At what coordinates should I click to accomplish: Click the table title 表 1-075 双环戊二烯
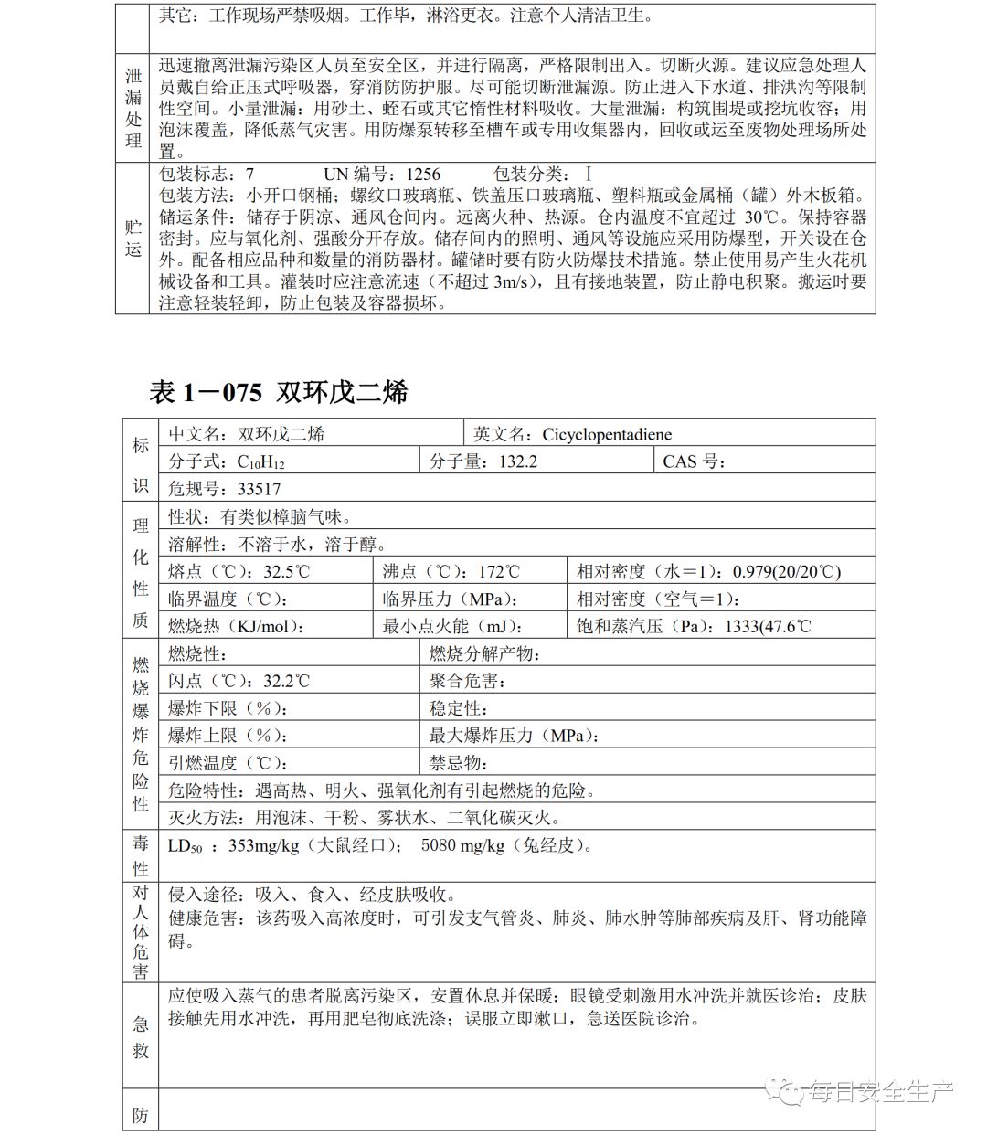pyautogui.click(x=278, y=392)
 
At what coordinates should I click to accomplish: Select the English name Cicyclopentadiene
pyautogui.click(x=607, y=434)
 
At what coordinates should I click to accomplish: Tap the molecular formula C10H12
pyautogui.click(x=261, y=462)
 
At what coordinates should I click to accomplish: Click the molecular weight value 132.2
pyautogui.click(x=518, y=461)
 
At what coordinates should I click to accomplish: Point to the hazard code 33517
pyautogui.click(x=259, y=489)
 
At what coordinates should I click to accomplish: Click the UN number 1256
pyautogui.click(x=423, y=174)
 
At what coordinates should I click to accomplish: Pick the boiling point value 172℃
pyautogui.click(x=499, y=572)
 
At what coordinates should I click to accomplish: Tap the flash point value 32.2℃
pyautogui.click(x=287, y=682)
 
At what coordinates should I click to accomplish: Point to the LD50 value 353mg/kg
pyautogui.click(x=263, y=845)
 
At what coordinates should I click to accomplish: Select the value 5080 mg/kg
pyautogui.click(x=462, y=845)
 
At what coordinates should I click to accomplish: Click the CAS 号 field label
pyautogui.click(x=695, y=461)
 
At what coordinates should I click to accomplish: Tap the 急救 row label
pyautogui.click(x=140, y=1036)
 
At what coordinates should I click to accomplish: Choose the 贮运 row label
pyautogui.click(x=133, y=238)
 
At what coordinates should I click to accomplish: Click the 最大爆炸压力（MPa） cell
pyautogui.click(x=515, y=736)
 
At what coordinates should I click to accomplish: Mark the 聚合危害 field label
pyautogui.click(x=467, y=682)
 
